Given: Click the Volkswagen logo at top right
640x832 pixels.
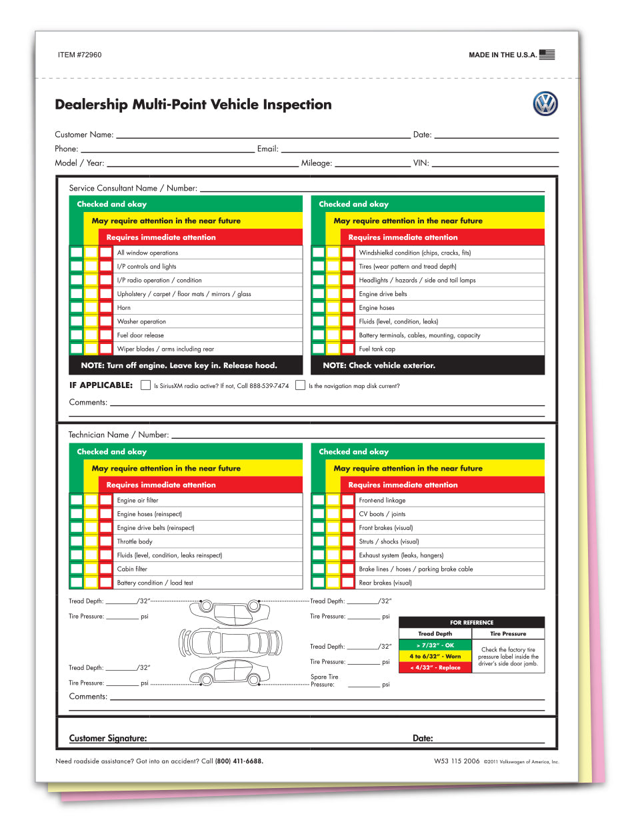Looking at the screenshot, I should click(x=545, y=104).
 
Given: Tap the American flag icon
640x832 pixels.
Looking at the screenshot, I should click(x=547, y=55).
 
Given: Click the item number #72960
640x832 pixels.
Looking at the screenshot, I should click(x=80, y=55).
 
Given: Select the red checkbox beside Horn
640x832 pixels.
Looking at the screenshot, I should click(x=106, y=307).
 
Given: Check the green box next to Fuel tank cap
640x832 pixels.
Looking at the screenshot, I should click(x=319, y=349).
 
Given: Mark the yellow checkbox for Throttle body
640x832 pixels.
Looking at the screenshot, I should click(x=91, y=541).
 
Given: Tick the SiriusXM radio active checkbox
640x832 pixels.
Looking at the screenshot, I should click(x=145, y=385).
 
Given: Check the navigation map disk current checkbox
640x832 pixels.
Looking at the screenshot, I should click(x=300, y=385).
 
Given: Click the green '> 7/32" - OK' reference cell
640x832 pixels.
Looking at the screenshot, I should click(x=435, y=645).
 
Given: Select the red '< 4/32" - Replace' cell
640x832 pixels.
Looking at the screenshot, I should click(x=435, y=667).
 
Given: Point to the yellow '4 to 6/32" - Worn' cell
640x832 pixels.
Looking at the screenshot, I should click(x=435, y=656).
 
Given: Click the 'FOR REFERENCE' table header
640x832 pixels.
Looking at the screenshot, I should click(x=471, y=623).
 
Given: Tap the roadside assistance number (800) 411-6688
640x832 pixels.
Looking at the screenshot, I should click(x=239, y=761).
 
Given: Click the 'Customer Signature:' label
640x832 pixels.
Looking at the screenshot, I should click(x=108, y=738).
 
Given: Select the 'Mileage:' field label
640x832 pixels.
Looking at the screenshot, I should click(x=316, y=163).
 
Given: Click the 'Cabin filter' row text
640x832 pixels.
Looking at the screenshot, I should click(x=132, y=569).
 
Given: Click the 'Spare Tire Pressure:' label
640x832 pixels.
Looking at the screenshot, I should click(x=324, y=681).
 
